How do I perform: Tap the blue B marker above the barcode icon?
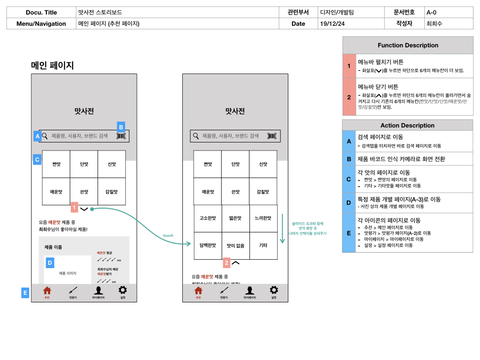click(x=121, y=127)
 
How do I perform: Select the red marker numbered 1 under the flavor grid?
click(x=74, y=207)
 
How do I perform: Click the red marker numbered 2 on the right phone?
click(x=226, y=262)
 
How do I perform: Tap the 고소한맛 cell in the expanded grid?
click(x=208, y=218)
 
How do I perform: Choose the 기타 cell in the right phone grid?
click(x=263, y=245)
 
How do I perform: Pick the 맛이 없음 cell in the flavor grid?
click(x=235, y=245)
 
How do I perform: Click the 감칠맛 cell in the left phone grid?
click(x=112, y=192)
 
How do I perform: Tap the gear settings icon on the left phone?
click(x=123, y=290)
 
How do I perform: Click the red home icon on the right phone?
click(x=198, y=290)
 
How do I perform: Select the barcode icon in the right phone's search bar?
click(x=272, y=136)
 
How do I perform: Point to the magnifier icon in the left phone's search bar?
click(x=45, y=136)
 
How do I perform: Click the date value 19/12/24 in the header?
click(x=332, y=23)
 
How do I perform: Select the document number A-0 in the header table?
click(x=431, y=13)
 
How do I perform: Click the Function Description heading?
click(x=408, y=45)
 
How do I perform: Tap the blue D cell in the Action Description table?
click(x=349, y=202)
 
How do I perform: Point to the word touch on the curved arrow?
click(x=168, y=235)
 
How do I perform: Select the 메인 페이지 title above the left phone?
click(x=52, y=66)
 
